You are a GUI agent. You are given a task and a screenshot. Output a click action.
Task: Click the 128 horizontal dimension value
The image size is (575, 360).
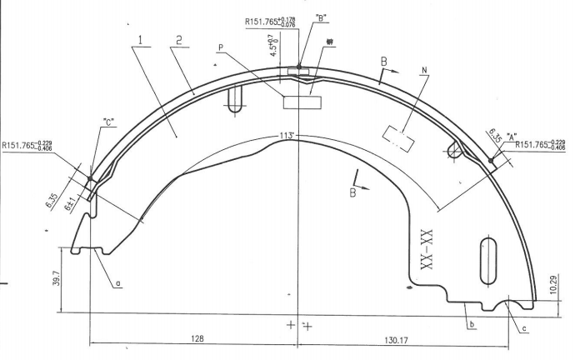pyautogui.click(x=196, y=339)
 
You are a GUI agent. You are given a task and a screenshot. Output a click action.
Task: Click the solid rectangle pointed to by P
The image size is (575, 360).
pyautogui.click(x=301, y=102)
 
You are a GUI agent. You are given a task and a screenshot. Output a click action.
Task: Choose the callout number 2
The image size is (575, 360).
pyautogui.click(x=179, y=40)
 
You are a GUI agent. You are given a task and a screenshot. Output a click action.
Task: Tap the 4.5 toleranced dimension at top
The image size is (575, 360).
pyautogui.click(x=273, y=44)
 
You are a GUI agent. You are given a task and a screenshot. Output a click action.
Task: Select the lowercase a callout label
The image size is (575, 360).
pyautogui.click(x=118, y=283)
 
